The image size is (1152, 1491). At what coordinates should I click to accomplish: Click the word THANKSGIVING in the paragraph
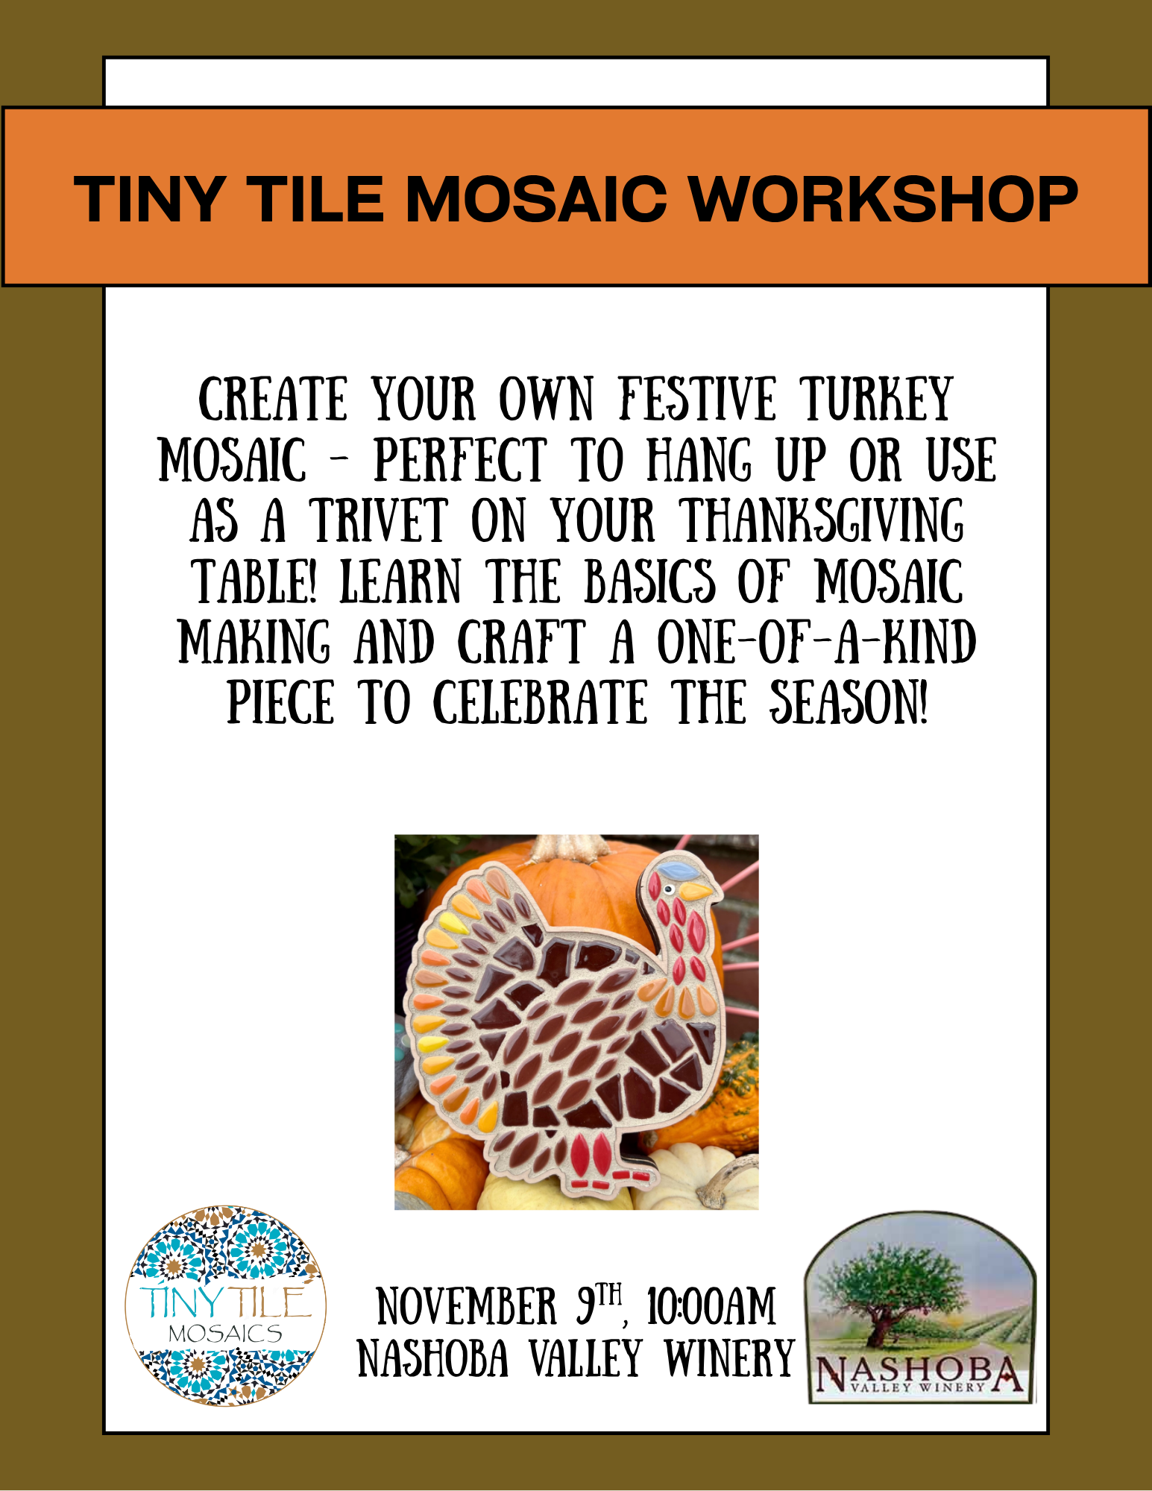823,520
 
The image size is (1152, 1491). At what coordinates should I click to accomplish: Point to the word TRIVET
379,520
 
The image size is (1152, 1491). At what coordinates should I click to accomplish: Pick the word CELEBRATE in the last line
541,702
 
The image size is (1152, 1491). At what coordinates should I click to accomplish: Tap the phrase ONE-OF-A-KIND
816,642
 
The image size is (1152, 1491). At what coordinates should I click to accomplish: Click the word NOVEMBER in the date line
467,1307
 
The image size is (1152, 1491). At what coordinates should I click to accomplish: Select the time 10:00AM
711,1307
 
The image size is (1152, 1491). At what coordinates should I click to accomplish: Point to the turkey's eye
670,889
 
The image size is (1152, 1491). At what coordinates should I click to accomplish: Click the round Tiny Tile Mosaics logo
226,1306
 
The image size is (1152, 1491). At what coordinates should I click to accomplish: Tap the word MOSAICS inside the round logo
225,1334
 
